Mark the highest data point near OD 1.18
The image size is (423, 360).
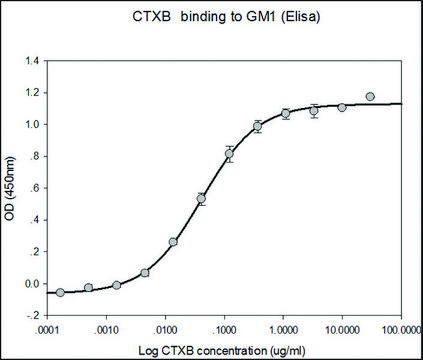click(370, 97)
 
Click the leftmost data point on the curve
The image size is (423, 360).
click(60, 292)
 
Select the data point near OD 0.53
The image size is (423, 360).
click(201, 199)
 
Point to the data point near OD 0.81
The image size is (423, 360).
click(230, 154)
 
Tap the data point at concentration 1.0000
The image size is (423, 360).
click(286, 114)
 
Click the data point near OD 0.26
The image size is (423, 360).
click(173, 242)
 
